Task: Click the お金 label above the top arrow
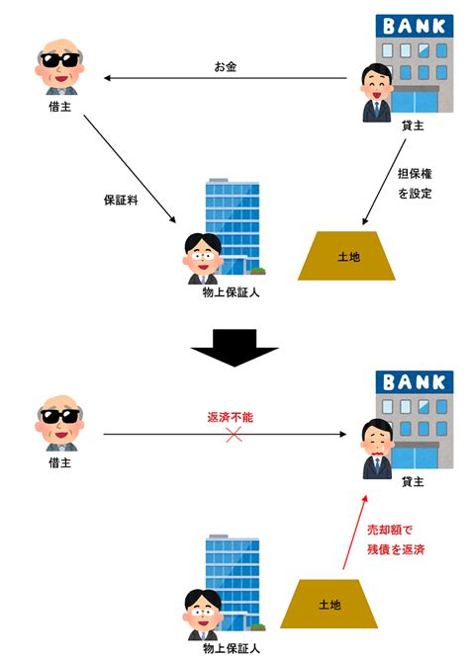click(x=226, y=66)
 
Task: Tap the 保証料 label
click(x=121, y=200)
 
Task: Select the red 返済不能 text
click(x=231, y=417)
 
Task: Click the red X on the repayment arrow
click(x=234, y=435)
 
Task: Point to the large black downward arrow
click(x=234, y=348)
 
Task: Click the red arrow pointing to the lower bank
click(x=355, y=532)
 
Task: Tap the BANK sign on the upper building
click(x=415, y=26)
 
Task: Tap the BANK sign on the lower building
click(x=415, y=382)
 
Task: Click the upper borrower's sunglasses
click(x=59, y=59)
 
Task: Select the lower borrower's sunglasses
click(x=59, y=416)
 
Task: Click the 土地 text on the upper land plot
click(x=349, y=256)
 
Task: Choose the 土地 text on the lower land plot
click(x=329, y=605)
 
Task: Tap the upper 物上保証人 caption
click(x=231, y=292)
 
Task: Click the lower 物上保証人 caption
click(x=231, y=648)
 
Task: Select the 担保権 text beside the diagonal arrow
click(x=415, y=174)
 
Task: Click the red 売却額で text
click(x=390, y=530)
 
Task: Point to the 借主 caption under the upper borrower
click(x=59, y=107)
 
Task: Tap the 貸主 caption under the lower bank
click(x=413, y=481)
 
